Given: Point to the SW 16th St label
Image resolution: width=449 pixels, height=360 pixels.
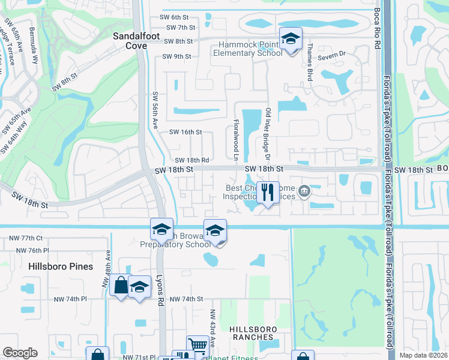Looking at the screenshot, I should pyautogui.click(x=185, y=132).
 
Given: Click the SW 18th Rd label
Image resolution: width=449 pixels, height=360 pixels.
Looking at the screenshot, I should pyautogui.click(x=192, y=160).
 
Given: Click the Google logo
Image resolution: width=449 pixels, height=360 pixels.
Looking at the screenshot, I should pyautogui.click(x=20, y=353).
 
